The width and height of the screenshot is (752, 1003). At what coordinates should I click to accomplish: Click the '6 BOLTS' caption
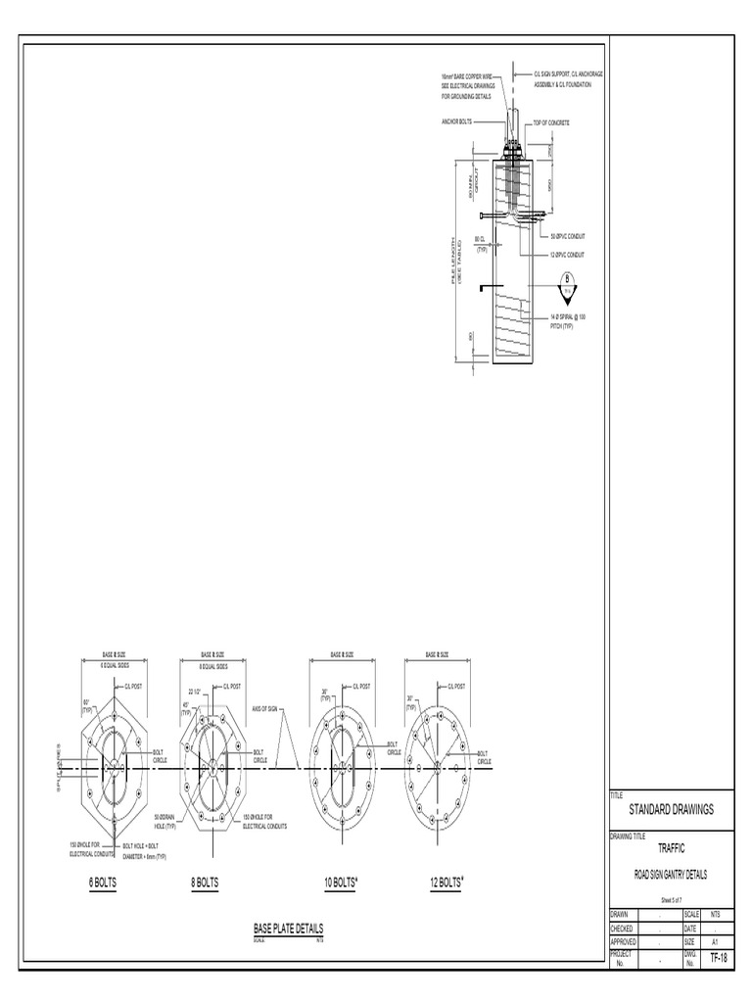click(x=103, y=883)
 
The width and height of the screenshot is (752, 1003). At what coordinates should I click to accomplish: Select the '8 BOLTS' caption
click(x=205, y=883)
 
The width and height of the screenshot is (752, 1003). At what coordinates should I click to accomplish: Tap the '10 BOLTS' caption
click(x=341, y=883)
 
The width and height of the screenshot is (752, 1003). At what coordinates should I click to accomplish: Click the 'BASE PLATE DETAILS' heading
click(x=288, y=928)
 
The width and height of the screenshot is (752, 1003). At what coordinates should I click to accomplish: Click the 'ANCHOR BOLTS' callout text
click(x=458, y=122)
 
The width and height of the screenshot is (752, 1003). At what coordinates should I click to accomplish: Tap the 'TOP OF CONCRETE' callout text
click(x=551, y=122)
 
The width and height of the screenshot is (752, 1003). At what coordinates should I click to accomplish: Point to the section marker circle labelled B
click(x=565, y=285)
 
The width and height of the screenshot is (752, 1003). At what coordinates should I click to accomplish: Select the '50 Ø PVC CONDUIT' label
click(x=568, y=237)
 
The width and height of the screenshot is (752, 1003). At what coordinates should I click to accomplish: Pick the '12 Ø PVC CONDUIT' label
click(x=568, y=255)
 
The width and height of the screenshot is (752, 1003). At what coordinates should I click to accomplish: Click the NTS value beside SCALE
click(x=717, y=914)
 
